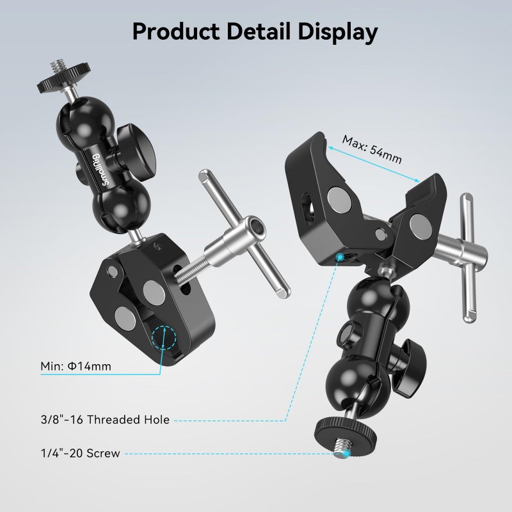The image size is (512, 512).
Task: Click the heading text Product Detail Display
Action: [255, 30]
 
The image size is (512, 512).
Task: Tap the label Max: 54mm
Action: [372, 148]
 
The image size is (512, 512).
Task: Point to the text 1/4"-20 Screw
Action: [79, 454]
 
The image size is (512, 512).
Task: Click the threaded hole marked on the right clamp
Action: [340, 257]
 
